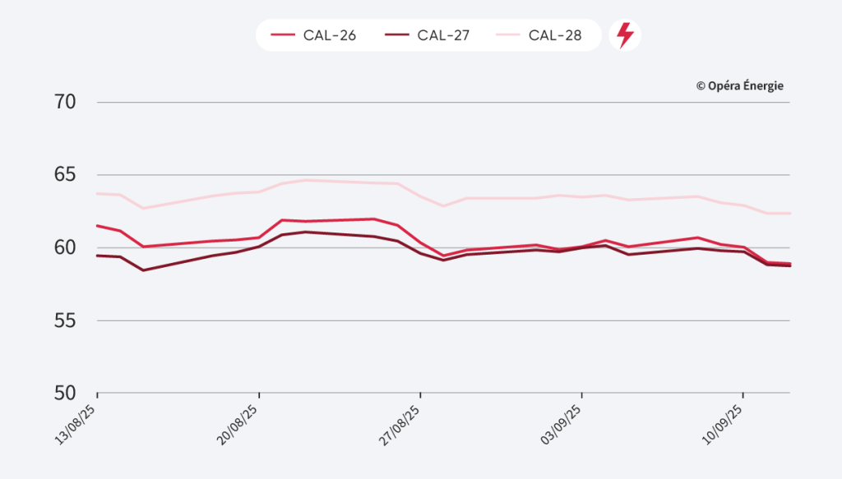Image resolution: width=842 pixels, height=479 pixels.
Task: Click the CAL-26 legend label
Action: (x=330, y=35)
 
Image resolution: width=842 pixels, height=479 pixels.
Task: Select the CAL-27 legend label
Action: (x=442, y=35)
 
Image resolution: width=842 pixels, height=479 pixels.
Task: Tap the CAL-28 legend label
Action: (x=555, y=35)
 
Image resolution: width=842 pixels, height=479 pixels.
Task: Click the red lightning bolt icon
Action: (x=625, y=35)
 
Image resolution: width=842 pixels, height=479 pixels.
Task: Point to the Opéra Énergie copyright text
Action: (x=740, y=85)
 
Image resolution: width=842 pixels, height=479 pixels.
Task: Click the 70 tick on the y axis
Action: (x=65, y=103)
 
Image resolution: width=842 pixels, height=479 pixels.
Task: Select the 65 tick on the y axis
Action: (x=65, y=175)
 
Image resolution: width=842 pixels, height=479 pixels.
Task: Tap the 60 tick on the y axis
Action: (x=65, y=247)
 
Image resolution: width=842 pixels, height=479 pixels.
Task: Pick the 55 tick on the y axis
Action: (x=65, y=320)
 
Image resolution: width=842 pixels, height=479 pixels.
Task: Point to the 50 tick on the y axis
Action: (x=65, y=393)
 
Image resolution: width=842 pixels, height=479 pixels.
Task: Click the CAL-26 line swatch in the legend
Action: (x=283, y=35)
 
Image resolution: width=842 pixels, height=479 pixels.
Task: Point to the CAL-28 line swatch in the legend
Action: (x=508, y=35)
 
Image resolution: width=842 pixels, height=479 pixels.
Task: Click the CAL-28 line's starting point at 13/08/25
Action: (x=98, y=193)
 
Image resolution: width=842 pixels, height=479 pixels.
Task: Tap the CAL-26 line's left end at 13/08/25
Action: (x=98, y=225)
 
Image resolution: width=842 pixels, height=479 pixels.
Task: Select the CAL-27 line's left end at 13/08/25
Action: (x=98, y=256)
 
